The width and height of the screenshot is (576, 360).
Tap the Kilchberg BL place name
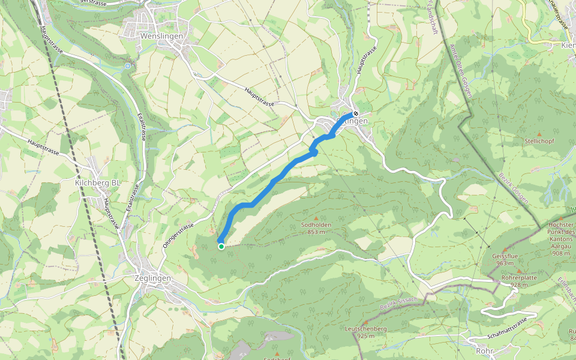(x=98, y=182)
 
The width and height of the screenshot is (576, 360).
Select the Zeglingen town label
(x=154, y=278)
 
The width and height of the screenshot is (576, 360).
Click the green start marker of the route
(x=221, y=246)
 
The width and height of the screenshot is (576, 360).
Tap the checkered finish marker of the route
(x=356, y=113)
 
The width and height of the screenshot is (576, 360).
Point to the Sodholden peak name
(x=316, y=225)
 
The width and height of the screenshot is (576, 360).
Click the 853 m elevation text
(x=316, y=232)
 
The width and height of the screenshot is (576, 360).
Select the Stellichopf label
(x=539, y=142)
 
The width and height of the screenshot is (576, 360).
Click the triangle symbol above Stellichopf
(x=539, y=134)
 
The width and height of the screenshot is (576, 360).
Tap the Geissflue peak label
(x=504, y=256)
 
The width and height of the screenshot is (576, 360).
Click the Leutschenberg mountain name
(x=365, y=329)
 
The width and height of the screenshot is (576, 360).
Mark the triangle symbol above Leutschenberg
(x=365, y=322)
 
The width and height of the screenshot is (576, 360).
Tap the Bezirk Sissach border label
(x=399, y=302)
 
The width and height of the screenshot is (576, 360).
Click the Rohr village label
(x=484, y=350)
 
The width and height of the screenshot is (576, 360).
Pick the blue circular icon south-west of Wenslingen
(x=127, y=65)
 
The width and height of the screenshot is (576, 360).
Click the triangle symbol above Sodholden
(x=316, y=218)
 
